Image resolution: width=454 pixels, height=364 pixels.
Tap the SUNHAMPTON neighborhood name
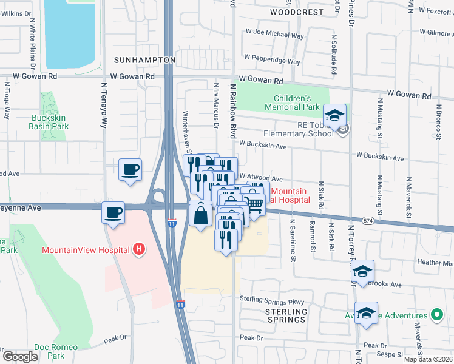point(144,60)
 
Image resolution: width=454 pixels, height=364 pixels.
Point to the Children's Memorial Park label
point(292,103)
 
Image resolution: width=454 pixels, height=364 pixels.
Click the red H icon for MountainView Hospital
point(140,249)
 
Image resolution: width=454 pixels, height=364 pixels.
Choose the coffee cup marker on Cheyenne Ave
point(113,213)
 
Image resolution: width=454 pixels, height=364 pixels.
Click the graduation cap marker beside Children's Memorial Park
point(334,115)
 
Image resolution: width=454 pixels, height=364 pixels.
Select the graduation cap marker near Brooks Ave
point(362,271)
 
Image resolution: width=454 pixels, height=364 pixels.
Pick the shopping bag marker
point(200,215)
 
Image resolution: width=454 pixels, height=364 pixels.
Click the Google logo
point(20,357)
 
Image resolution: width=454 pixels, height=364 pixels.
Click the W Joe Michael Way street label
point(274,36)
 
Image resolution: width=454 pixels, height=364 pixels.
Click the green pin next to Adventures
point(436,315)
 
